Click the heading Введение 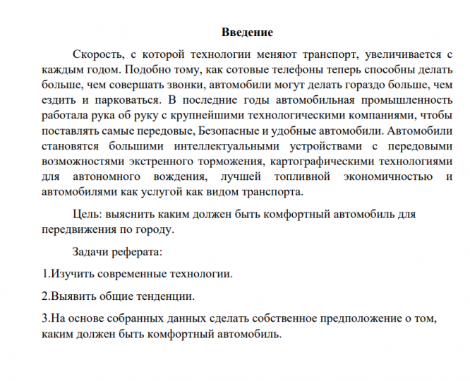coord(247,32)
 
